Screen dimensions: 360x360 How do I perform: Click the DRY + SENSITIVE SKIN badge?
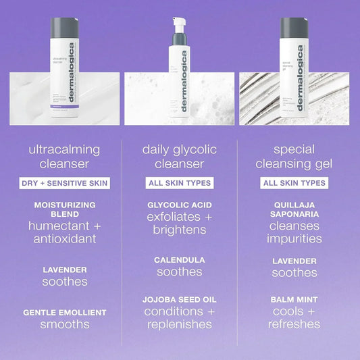click(65, 183)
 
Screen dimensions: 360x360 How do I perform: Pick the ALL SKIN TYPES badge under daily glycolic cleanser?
click(180, 183)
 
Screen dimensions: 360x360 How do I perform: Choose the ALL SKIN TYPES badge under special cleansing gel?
click(294, 183)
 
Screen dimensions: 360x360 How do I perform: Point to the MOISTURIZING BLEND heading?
click(65, 209)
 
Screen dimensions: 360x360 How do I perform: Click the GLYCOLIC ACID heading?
click(180, 204)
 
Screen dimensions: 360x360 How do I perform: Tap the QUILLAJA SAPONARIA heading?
click(294, 209)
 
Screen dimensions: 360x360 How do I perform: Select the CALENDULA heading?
click(180, 259)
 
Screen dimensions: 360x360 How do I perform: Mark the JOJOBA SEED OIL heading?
click(180, 299)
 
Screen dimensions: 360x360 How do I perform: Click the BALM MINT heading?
click(294, 299)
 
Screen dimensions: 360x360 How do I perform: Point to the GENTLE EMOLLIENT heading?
click(65, 312)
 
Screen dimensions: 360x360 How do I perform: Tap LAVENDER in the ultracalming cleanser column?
click(65, 269)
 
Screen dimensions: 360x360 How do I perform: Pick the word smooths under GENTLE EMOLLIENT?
click(65, 324)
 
